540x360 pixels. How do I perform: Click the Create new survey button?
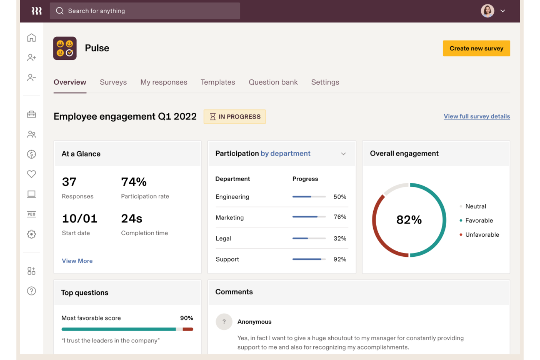coord(476,49)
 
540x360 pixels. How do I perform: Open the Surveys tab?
coord(113,82)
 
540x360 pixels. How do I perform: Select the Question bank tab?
coord(273,82)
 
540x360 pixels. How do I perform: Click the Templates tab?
coord(217,82)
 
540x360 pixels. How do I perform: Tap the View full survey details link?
coord(477,116)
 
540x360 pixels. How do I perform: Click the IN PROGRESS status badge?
coord(235,117)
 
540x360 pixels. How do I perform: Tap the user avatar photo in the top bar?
coord(487,11)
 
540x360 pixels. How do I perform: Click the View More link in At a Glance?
coord(77,261)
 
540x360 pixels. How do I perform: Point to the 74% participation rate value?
coord(134,182)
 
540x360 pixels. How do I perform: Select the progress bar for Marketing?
coord(309,217)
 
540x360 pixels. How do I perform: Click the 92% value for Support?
coord(340,259)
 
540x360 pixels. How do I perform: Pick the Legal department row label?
coord(223,239)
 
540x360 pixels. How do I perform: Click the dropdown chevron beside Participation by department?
coord(343,154)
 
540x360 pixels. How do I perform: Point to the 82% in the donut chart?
coord(409,220)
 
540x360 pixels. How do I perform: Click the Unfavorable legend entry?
coord(482,235)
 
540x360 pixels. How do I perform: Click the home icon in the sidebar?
coord(31,38)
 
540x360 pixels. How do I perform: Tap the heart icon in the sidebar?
coord(31,174)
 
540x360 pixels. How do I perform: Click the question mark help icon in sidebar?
coord(31,291)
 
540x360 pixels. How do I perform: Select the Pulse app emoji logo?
coord(65,48)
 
